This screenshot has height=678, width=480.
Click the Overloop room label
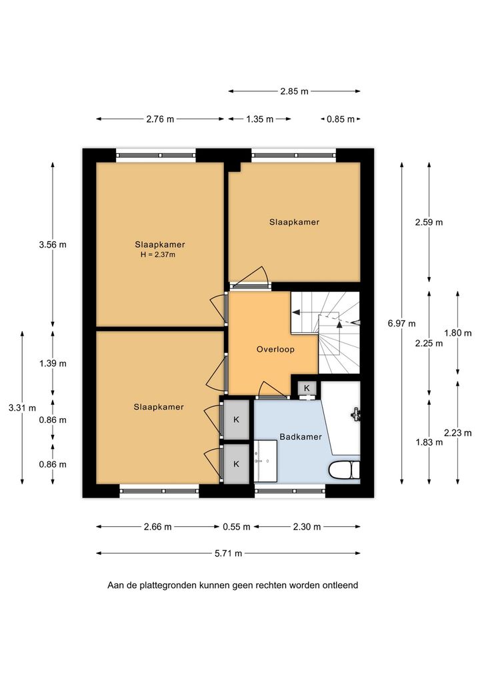coord(275,350)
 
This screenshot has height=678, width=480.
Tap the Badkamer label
coord(301,437)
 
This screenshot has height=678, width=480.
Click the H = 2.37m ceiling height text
coord(158,254)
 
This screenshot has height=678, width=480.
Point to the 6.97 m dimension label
coord(401,323)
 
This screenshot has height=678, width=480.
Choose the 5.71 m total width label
coord(228,553)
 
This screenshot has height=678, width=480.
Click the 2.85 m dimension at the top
coord(294,91)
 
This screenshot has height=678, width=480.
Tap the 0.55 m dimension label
coord(236,527)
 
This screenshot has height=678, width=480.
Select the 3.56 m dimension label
coord(53,244)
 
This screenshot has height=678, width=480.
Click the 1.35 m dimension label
coord(260,119)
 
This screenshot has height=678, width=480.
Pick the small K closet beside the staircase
coord(307,388)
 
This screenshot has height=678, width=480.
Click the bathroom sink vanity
coord(265,461)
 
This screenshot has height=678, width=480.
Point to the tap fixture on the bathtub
coord(356,414)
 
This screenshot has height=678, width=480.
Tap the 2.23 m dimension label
coord(457,433)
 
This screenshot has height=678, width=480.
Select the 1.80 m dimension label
coord(457,333)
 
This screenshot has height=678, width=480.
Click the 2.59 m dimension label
coord(429,222)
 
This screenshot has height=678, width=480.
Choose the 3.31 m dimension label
coord(22,408)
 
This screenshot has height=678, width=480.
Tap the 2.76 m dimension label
coord(160,119)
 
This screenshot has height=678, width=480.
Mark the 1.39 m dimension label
coord(53,363)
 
